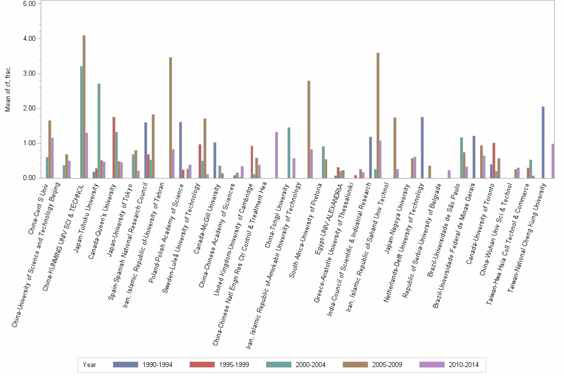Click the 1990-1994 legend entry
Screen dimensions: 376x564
pyautogui.click(x=142, y=365)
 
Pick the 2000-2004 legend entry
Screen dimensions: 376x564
pyautogui.click(x=295, y=365)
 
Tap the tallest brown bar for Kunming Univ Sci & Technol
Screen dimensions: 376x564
pyautogui.click(x=84, y=107)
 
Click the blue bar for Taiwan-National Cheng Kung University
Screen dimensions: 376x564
pyautogui.click(x=543, y=142)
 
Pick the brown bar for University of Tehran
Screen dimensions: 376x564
pyautogui.click(x=171, y=118)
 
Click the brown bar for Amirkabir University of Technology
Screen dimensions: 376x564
pyautogui.click(x=309, y=129)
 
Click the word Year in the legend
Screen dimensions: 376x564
pyautogui.click(x=90, y=365)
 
